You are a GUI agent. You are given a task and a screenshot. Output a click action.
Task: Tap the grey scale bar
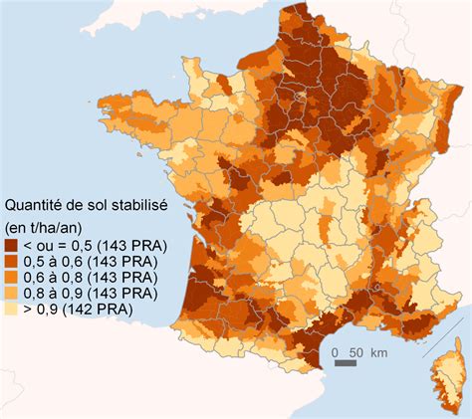[x=345, y=365]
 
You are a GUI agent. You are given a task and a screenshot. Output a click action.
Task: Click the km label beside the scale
[x=379, y=352]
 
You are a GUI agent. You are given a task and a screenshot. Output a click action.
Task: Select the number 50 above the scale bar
[x=355, y=352]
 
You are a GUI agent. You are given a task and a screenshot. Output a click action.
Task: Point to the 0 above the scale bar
[x=338, y=352]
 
